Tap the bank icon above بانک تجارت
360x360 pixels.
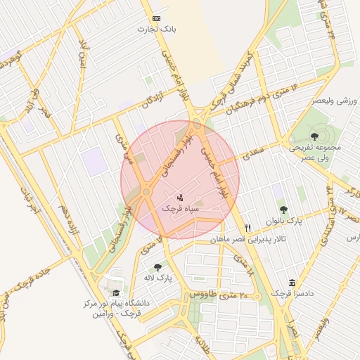pos(156,18)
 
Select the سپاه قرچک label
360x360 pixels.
pos(176,209)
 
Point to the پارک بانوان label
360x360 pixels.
pos(283,221)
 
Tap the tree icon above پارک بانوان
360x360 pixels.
pos(283,210)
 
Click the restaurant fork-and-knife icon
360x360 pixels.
pos(247,228)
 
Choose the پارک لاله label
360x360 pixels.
pos(157,278)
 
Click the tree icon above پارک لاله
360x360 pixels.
pos(157,267)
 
